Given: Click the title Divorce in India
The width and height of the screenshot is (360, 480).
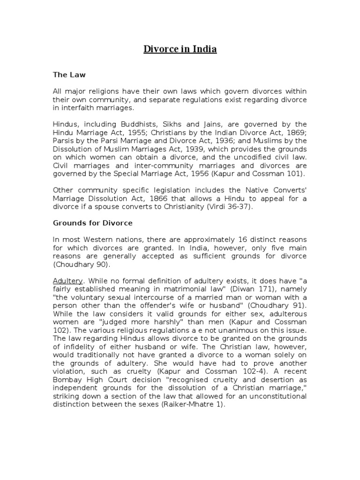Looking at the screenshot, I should click(180, 49).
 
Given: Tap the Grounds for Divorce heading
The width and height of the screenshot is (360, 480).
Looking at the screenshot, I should click(92, 223).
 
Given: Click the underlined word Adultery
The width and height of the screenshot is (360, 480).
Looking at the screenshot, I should click(68, 281).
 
